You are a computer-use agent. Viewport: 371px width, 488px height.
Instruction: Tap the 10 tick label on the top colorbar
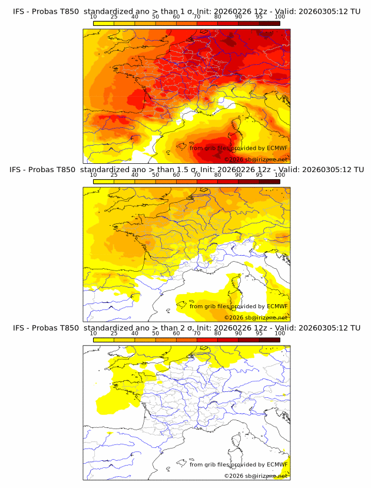(x=93, y=17)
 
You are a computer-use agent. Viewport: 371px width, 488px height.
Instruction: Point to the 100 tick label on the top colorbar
(x=280, y=17)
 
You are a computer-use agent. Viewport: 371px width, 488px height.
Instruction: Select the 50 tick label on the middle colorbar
(x=155, y=175)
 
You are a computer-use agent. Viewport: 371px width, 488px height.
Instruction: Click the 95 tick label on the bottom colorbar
(x=259, y=334)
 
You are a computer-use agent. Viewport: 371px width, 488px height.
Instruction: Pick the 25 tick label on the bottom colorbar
(x=114, y=334)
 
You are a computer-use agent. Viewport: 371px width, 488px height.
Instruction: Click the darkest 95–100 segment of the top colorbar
(x=270, y=23)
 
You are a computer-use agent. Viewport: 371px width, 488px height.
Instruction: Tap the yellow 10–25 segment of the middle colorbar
(x=104, y=182)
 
